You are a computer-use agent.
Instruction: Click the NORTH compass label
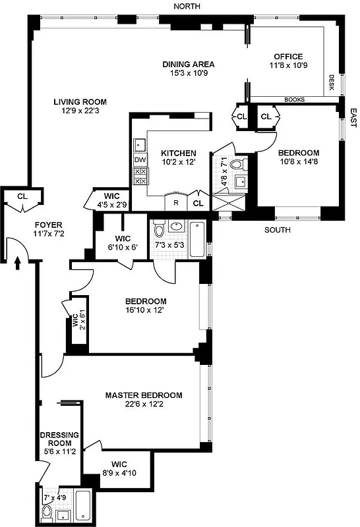click(187, 6)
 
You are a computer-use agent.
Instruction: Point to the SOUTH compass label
click(277, 231)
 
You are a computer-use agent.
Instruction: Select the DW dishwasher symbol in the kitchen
click(140, 159)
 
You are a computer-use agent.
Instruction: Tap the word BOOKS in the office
click(294, 100)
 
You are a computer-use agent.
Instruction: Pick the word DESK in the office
click(332, 82)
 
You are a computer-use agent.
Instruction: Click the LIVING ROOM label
click(80, 101)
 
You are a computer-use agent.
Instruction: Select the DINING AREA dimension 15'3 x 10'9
click(189, 74)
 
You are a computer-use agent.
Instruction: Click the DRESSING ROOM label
click(59, 439)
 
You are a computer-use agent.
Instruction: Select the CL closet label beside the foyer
click(22, 196)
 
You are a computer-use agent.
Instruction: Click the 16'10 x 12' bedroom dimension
click(146, 310)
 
